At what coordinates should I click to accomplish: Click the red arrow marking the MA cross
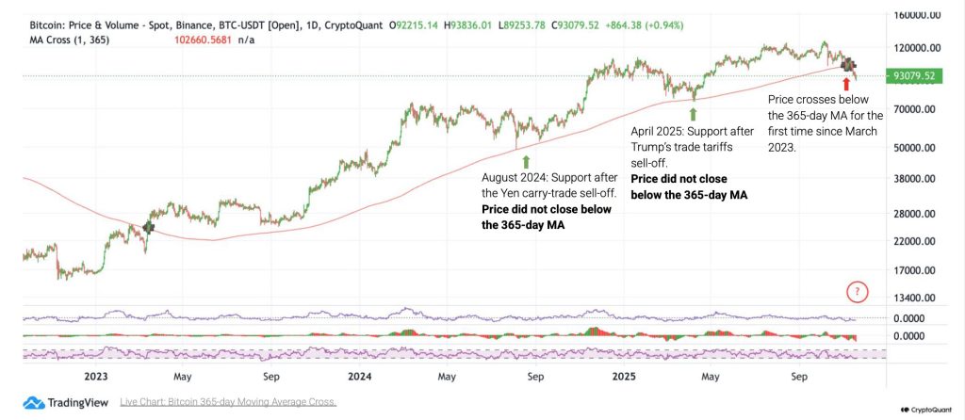[x=846, y=83]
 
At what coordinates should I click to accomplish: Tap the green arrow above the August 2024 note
[x=526, y=161]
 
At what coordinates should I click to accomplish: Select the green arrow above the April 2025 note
[x=694, y=116]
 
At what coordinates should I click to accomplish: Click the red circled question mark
[x=857, y=292]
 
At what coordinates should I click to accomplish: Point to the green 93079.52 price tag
[x=913, y=75]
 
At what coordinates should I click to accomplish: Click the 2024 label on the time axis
[x=360, y=376]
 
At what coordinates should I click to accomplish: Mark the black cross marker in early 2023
[x=149, y=227]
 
